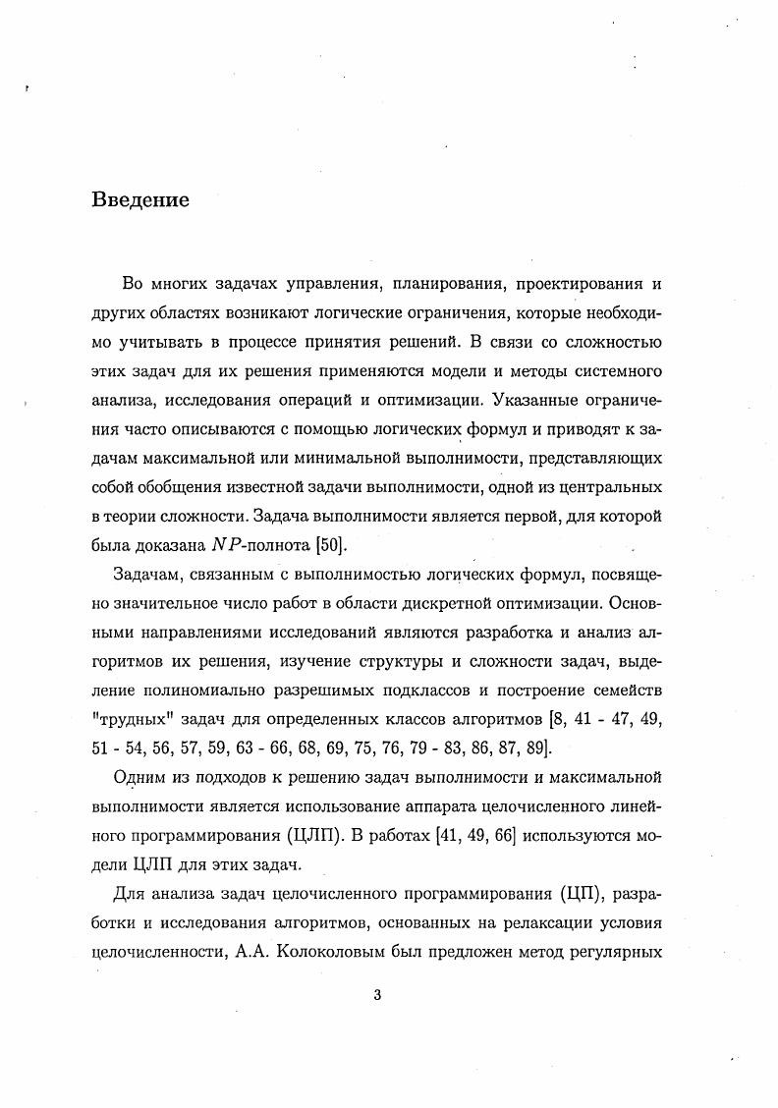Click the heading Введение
point(139,200)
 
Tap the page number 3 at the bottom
point(377,995)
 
